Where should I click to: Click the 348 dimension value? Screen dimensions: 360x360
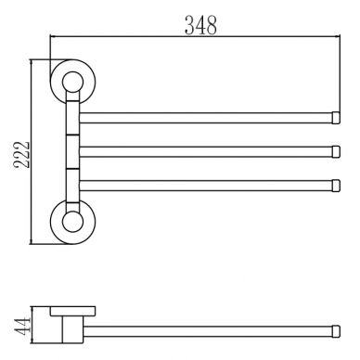click(200, 25)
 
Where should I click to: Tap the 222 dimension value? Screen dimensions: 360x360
click(21, 155)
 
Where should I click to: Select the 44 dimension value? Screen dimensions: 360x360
click(21, 326)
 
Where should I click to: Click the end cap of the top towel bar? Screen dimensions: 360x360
click(336, 118)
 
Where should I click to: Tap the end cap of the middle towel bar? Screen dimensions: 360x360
click(336, 151)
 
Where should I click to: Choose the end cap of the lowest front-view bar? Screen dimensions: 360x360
click(336, 186)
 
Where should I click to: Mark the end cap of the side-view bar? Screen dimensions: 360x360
click(336, 331)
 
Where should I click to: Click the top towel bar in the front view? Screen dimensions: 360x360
click(206, 118)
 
